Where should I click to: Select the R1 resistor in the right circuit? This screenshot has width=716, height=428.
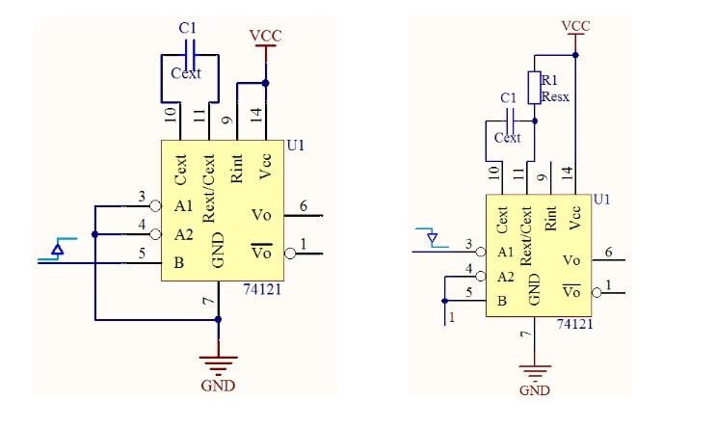pos(534,88)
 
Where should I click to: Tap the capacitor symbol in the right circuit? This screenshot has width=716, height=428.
pos(511,121)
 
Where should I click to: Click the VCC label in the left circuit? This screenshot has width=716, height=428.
pos(265,35)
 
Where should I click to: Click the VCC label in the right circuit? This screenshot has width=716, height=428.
pos(575,26)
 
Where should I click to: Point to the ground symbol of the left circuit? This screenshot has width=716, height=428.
pos(219,364)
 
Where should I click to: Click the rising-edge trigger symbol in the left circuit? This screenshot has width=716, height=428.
pos(58,249)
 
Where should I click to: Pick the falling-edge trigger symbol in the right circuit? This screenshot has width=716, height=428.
pos(432,238)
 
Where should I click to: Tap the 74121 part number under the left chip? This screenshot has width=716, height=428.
pos(262,289)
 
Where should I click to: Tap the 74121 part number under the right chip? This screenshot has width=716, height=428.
pos(574,324)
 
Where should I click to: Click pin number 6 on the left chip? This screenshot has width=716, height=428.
pos(304,206)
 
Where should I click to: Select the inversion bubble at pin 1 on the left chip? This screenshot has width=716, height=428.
pos(290,254)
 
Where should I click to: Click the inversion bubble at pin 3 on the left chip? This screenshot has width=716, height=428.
pos(156,206)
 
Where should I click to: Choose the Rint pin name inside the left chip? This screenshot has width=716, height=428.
pos(236,169)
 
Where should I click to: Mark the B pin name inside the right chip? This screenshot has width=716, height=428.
pos(502,301)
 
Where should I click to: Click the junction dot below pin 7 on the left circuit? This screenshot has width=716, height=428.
pos(219,319)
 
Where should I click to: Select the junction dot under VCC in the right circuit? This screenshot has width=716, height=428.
pos(575,55)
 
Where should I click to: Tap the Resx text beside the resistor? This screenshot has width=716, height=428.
pos(555,96)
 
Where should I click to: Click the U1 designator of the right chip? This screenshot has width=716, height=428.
pos(602,200)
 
